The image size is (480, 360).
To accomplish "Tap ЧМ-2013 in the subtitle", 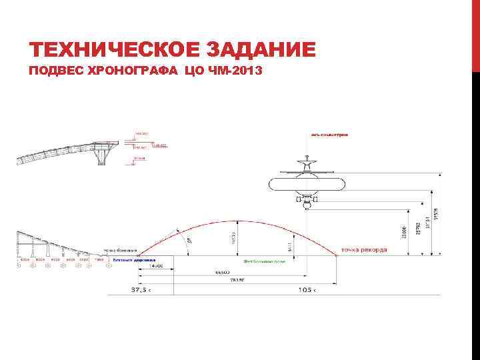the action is coord(237,71).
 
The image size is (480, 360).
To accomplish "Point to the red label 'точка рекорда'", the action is coord(363,251).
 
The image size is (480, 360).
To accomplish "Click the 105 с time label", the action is coord(306,291).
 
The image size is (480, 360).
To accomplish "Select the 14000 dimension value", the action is coord(156,266).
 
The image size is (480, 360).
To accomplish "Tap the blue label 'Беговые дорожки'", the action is coord(125,259).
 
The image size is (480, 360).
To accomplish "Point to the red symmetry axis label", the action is coord(329,134).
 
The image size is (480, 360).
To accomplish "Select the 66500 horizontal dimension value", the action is coord(223,273).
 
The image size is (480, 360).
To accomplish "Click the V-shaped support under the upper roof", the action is coord(102,156).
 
